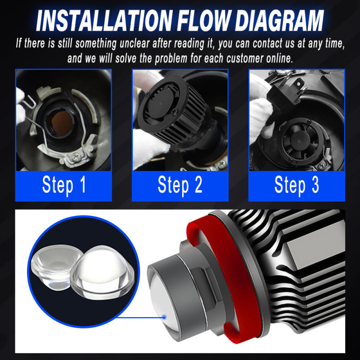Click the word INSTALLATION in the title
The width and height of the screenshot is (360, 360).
(x=104, y=21)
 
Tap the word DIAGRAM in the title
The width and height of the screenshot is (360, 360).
(x=279, y=21)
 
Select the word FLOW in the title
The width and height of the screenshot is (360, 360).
(x=203, y=21)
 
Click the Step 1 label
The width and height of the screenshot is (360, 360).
(x=64, y=185)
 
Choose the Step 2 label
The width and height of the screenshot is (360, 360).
(x=180, y=185)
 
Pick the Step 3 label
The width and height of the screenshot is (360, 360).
(x=297, y=185)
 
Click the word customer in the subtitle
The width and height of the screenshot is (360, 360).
(x=244, y=58)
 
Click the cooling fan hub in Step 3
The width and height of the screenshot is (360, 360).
(x=300, y=140)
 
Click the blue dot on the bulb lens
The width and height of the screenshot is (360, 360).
(x=164, y=317)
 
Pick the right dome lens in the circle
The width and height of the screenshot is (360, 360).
(x=102, y=273)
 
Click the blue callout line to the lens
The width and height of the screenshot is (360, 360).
(x=140, y=318)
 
